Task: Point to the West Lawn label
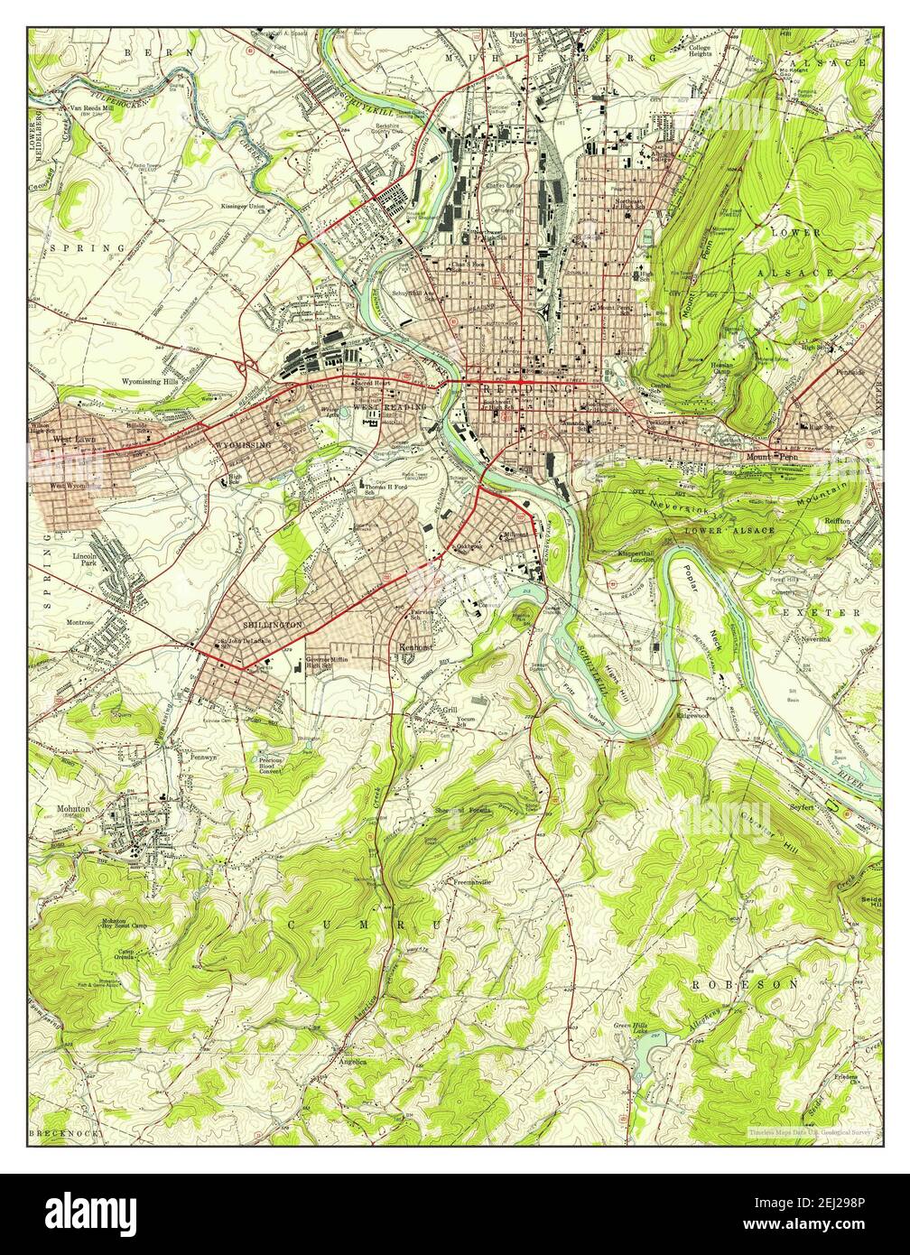74,440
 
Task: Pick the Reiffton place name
837,522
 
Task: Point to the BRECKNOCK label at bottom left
68,1132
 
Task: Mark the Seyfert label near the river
802,805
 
